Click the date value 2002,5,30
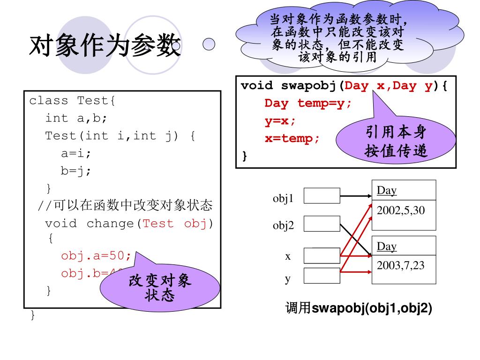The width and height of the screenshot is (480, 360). pos(400,210)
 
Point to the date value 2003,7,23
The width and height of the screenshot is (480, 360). pos(400,266)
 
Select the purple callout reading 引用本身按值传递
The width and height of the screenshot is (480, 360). pos(396,141)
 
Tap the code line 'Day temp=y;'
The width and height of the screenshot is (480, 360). pos(307,103)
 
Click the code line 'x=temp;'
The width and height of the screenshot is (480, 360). pos(292,139)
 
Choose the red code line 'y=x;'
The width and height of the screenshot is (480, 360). pos(280,121)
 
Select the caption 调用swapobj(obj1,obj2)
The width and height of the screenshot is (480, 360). pos(359,308)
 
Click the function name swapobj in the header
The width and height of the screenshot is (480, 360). pos(310,86)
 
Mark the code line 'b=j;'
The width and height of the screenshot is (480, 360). pos(76,171)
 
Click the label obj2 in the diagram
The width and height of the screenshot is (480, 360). pos(284,226)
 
